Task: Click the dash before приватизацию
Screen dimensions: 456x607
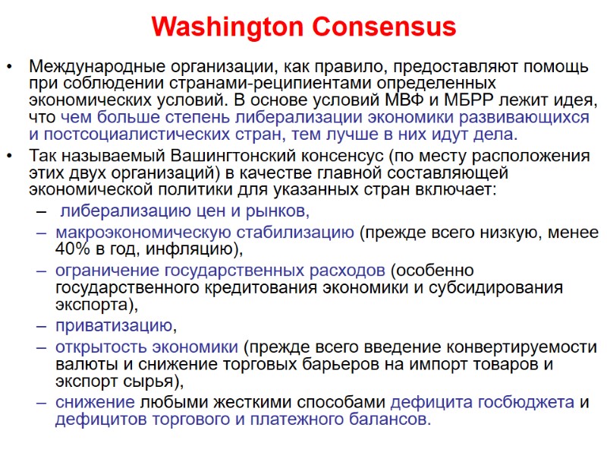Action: [39, 327]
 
